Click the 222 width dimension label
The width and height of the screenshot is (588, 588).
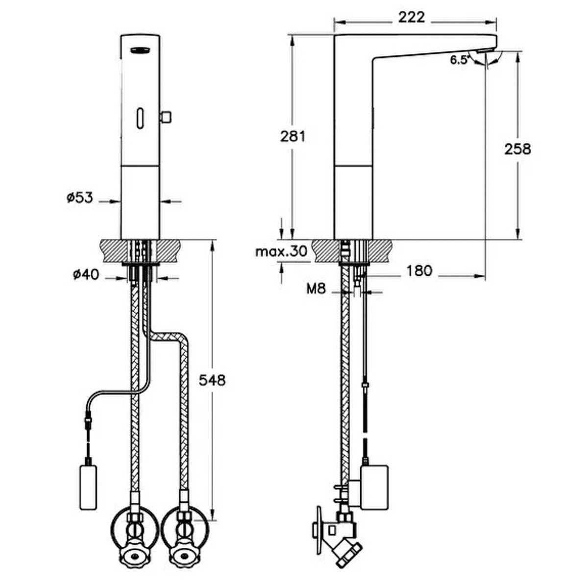411,17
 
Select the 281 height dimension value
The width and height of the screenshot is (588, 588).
293,136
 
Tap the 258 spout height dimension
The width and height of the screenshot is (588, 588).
517,149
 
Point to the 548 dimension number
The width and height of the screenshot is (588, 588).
212,380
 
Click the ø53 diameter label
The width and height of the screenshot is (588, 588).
80,198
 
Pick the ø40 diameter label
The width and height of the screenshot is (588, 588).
86,274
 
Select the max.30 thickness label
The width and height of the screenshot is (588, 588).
281,251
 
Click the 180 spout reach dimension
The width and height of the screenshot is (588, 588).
419,270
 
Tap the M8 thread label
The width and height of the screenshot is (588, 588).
316,288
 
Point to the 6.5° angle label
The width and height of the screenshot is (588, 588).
459,60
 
